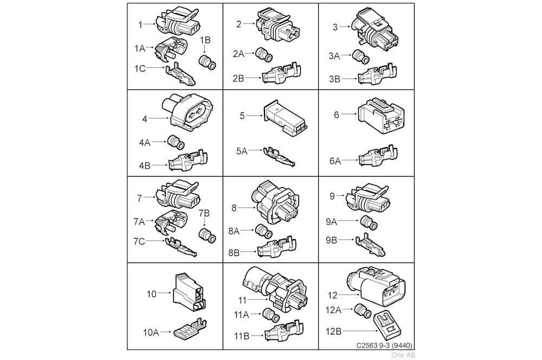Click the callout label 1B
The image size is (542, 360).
pyautogui.click(x=205, y=40)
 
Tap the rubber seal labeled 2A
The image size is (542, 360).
pyautogui.click(x=264, y=55)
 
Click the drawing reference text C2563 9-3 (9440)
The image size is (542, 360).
pyautogui.click(x=384, y=345)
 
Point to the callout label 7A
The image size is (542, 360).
pyautogui.click(x=139, y=222)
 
